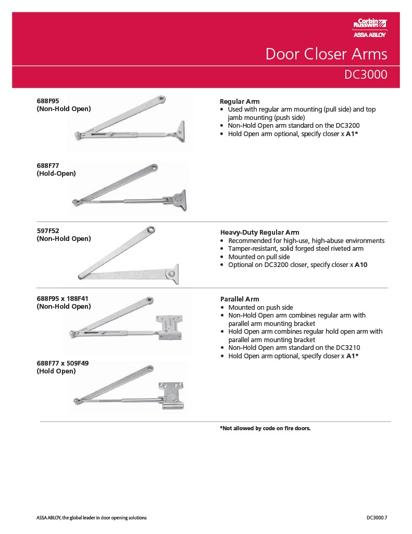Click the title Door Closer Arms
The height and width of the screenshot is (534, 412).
click(326, 54)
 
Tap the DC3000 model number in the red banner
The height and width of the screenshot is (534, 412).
click(366, 75)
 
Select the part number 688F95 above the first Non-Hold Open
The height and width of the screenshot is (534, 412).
click(48, 101)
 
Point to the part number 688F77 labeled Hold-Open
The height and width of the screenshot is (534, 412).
click(48, 166)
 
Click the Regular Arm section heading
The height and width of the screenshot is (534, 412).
click(240, 101)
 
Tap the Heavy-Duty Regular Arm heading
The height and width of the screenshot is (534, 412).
click(259, 232)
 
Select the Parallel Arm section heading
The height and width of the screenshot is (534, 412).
click(239, 299)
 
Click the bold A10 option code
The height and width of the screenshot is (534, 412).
click(361, 265)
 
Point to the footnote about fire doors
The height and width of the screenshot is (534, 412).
click(265, 428)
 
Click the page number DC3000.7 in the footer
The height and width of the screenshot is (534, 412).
click(377, 518)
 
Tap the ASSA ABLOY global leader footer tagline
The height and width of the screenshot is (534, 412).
click(91, 518)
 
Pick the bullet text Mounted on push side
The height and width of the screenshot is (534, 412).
click(260, 308)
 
